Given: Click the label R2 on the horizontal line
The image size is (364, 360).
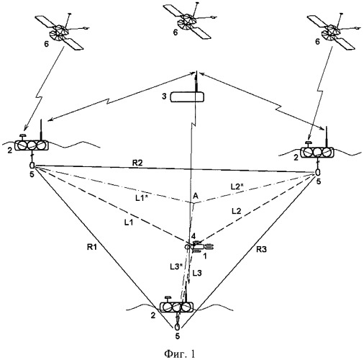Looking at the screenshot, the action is (137, 163).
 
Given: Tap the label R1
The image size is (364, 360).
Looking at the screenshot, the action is (91, 247).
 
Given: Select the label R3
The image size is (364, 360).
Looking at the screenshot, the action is (261, 250).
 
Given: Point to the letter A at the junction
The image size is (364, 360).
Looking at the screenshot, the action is (196, 196).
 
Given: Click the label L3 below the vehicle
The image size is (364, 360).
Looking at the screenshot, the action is (197, 273).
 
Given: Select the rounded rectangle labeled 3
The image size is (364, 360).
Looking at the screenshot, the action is (187, 97).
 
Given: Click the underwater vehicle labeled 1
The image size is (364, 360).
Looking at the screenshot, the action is (199, 246).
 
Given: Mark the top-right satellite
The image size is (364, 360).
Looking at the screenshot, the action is (334, 31).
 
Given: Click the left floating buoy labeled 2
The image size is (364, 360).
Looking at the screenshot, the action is (32, 145).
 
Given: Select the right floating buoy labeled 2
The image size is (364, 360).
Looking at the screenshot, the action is (317, 152).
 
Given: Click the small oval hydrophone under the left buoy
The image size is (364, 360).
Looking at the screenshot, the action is (32, 165).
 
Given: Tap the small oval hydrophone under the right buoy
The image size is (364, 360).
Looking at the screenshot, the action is (318, 172).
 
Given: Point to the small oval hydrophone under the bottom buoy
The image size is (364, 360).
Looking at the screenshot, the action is (177, 327).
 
